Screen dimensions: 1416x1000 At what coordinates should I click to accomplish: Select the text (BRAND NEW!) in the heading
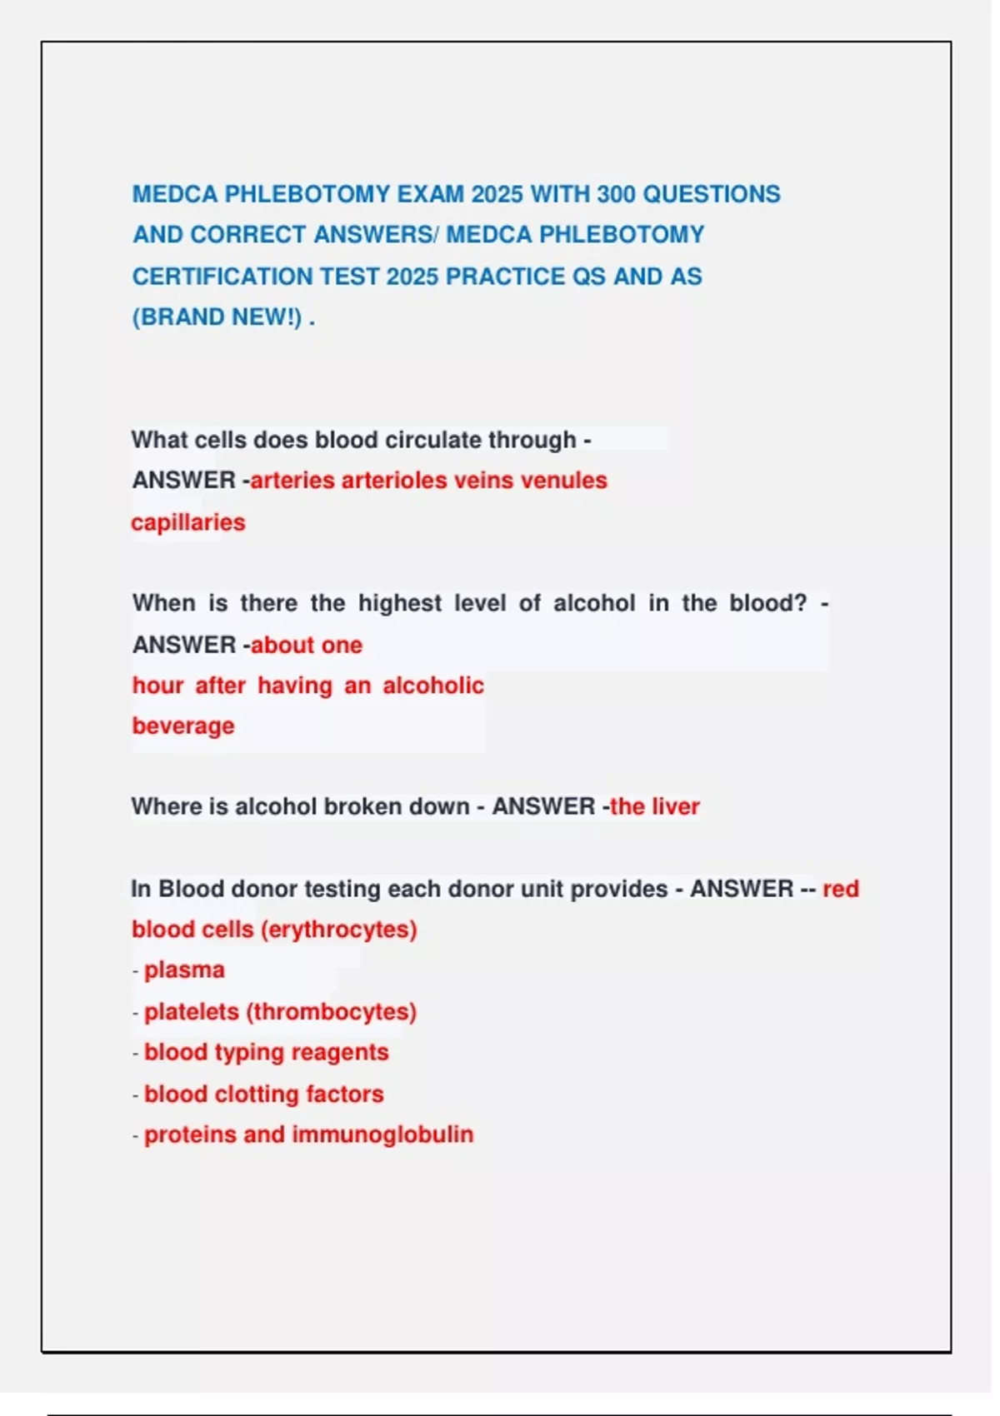coord(217,317)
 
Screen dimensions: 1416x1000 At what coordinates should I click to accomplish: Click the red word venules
coord(564,481)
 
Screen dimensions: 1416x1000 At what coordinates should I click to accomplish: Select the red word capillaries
coord(188,522)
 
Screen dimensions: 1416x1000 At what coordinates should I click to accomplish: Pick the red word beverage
coord(183,725)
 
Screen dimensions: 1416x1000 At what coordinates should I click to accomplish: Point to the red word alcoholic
coord(433,686)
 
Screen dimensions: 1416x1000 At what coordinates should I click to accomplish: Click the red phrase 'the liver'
coord(655,806)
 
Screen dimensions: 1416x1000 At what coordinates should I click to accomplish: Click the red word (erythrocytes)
coord(339,930)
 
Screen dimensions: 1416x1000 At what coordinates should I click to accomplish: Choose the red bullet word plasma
coord(184,970)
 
